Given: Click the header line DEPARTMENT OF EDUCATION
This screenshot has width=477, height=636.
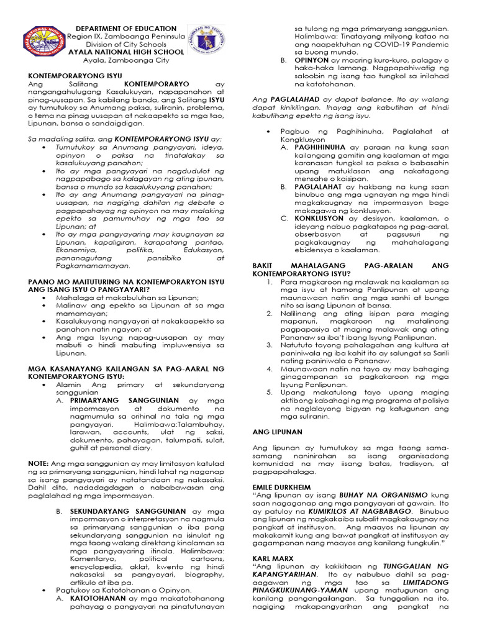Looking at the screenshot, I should tap(126, 29).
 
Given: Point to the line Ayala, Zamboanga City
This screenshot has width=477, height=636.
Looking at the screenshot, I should tap(126, 61).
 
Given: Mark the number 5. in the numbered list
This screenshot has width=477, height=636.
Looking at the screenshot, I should tap(270, 393).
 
